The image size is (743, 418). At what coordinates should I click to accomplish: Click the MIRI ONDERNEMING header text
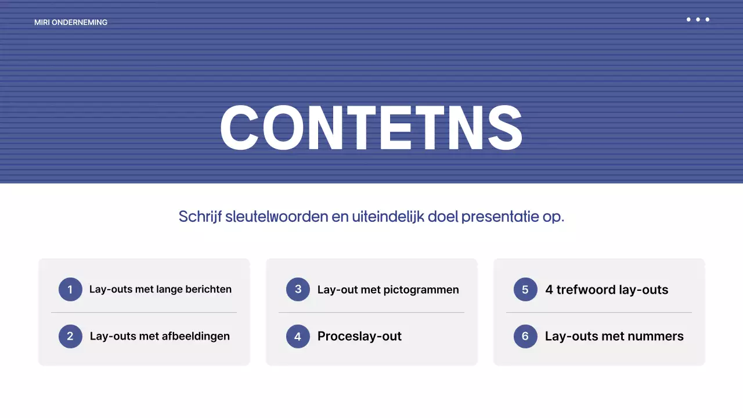click(x=71, y=23)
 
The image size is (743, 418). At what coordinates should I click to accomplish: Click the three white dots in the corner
click(x=698, y=20)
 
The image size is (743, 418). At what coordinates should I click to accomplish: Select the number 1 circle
click(x=70, y=289)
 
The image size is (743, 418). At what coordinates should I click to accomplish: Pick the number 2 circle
click(x=70, y=336)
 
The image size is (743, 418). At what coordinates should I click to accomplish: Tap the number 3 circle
click(x=298, y=289)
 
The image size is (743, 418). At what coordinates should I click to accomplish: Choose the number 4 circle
click(x=298, y=336)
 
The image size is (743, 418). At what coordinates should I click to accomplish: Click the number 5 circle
click(x=525, y=289)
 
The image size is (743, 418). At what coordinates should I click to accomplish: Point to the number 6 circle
click(x=525, y=336)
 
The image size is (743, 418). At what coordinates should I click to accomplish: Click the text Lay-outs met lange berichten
click(x=160, y=289)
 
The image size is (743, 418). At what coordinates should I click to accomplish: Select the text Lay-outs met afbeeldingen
click(x=160, y=336)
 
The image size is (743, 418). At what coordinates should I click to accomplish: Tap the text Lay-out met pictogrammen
click(x=388, y=290)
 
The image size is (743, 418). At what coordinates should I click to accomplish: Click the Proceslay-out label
click(x=359, y=336)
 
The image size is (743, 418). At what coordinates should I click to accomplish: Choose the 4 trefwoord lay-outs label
click(x=607, y=290)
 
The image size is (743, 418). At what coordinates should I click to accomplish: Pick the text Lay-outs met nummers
click(x=614, y=336)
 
